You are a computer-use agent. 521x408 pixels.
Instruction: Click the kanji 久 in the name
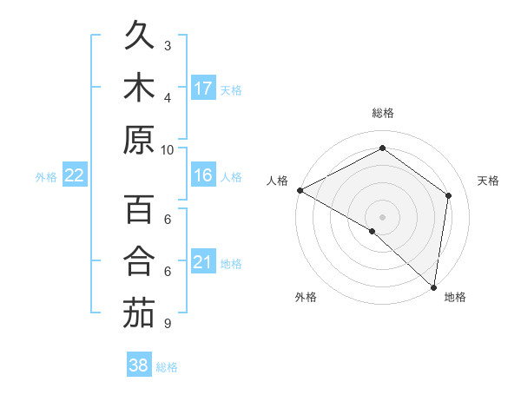click(x=139, y=36)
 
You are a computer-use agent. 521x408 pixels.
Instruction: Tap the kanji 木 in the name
click(x=139, y=88)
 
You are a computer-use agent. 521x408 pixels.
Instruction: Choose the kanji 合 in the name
click(x=139, y=261)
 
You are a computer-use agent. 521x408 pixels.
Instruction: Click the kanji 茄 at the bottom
click(x=139, y=313)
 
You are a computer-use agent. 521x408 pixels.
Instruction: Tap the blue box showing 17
click(x=203, y=88)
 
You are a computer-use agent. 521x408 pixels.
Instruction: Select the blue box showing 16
click(x=203, y=175)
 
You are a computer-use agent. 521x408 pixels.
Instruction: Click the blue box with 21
click(x=203, y=262)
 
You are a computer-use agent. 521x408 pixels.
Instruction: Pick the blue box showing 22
click(x=75, y=175)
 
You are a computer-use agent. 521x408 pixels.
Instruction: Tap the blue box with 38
click(x=139, y=365)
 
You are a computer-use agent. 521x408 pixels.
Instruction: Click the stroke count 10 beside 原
click(x=168, y=149)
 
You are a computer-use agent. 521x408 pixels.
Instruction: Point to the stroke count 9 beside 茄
click(x=168, y=323)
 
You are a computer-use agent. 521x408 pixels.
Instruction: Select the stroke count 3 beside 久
click(x=168, y=45)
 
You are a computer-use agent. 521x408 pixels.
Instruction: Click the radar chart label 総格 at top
click(x=383, y=113)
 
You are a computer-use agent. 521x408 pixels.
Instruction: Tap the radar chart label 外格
click(x=306, y=297)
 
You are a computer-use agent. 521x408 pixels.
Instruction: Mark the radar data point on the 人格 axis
click(x=300, y=190)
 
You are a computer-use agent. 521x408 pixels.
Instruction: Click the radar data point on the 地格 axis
click(x=433, y=286)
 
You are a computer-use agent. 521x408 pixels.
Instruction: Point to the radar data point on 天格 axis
click(x=449, y=195)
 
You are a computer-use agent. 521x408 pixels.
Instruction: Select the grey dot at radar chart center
click(x=382, y=216)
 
